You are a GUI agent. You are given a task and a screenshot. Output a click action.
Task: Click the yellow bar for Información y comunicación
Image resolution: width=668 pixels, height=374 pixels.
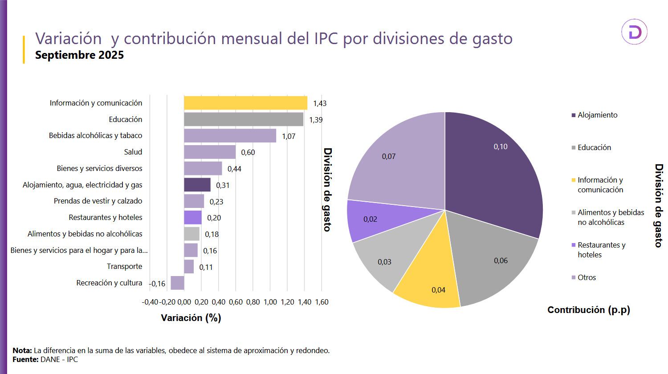click(x=245, y=103)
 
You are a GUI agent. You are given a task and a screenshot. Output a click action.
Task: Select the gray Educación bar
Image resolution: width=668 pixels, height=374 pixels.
click(x=244, y=119)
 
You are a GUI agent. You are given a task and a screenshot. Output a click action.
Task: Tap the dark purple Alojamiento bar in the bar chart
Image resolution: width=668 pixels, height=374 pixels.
click(x=197, y=185)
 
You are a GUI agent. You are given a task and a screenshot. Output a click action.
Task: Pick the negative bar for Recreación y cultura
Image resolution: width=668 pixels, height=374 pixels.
click(x=177, y=283)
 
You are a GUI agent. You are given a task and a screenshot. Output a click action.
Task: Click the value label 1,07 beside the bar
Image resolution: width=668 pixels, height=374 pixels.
click(x=289, y=136)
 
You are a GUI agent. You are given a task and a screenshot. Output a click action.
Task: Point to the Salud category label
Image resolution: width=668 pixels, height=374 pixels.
click(x=133, y=152)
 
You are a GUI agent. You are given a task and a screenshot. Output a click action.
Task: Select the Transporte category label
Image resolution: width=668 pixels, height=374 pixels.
click(x=125, y=266)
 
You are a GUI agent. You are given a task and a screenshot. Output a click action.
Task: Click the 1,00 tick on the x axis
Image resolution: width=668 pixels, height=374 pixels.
click(x=270, y=302)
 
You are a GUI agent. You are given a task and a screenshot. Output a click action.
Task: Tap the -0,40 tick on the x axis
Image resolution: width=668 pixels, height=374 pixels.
click(x=150, y=302)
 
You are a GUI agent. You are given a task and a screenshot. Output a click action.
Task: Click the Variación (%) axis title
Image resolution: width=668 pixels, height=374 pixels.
click(x=191, y=317)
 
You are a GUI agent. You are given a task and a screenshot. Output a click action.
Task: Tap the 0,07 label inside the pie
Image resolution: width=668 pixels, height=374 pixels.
click(x=389, y=156)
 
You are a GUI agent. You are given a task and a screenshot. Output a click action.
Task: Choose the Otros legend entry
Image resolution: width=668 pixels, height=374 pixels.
click(x=587, y=277)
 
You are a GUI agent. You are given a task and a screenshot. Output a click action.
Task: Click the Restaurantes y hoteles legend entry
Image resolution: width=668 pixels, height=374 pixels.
click(x=601, y=250)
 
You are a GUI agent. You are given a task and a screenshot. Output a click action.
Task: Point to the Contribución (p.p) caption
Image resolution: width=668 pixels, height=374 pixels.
click(x=588, y=310)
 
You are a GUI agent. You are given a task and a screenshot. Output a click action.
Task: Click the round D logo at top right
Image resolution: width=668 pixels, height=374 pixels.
click(x=634, y=32)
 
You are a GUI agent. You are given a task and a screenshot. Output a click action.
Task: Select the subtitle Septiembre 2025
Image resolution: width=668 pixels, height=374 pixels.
click(x=79, y=55)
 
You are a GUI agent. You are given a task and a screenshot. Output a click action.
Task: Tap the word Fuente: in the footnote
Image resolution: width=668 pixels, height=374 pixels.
click(x=25, y=359)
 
